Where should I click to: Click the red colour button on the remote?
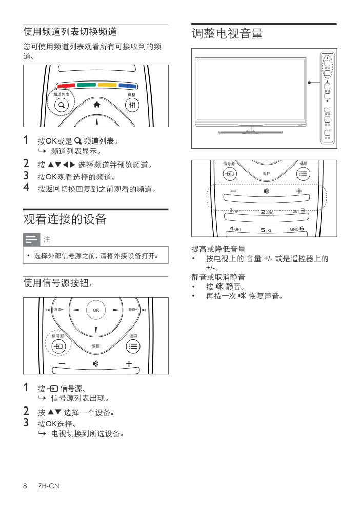pos(66,86)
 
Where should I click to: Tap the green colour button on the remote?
pos(87,85)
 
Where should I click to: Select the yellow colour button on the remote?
pos(107,85)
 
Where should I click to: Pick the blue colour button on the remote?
pos(127,86)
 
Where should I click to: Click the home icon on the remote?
pos(97,105)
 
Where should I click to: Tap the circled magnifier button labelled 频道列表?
pos(62,105)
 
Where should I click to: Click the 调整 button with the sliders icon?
pos(132,105)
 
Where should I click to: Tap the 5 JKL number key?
pos(267,230)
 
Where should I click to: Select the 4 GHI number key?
pos(235,229)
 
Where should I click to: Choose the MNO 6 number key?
pos(296,229)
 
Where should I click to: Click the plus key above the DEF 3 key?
pos(299,191)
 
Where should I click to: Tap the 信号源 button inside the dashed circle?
pos(58,347)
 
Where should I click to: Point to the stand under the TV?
pos(250,130)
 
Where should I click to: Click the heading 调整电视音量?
pos(227,33)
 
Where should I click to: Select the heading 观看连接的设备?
pos(65,219)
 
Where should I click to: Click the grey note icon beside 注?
pos(31,239)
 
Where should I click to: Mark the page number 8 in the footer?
pos(25,486)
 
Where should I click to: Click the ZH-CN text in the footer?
pos(49,486)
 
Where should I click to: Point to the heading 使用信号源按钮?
pos(58,283)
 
